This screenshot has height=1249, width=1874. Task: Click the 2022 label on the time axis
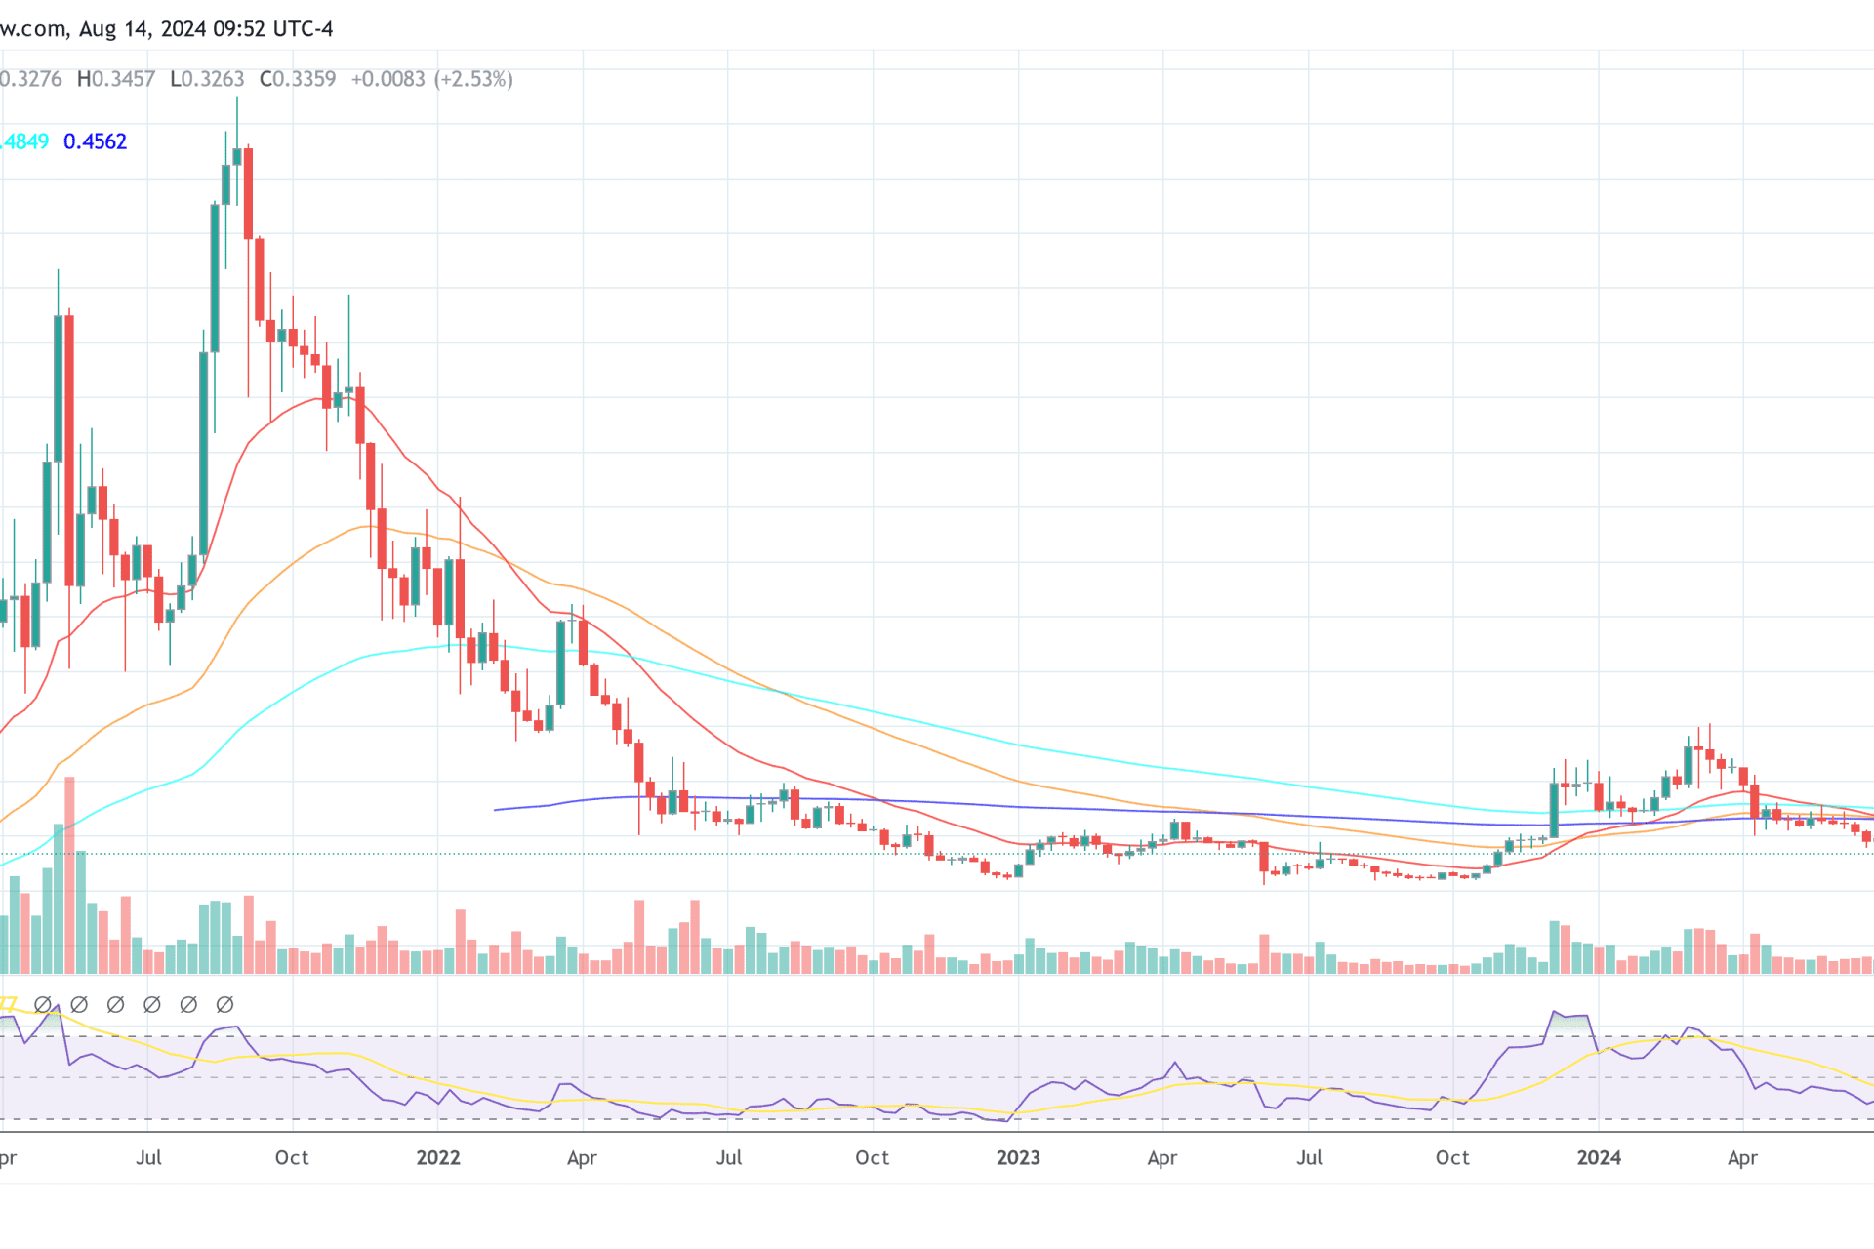tap(437, 1158)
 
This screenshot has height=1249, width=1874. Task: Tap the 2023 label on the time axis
tap(1018, 1158)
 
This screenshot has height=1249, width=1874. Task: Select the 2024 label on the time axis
tap(1599, 1158)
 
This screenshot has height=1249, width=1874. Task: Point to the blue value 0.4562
tap(95, 141)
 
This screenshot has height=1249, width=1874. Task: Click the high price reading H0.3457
tap(116, 79)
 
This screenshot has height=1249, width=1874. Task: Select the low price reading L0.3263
tap(207, 79)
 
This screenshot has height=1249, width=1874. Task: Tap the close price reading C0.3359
tap(298, 79)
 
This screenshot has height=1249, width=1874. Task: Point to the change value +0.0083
tap(387, 79)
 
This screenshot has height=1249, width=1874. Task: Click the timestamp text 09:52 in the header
tap(239, 29)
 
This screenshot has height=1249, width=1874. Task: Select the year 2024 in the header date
tap(183, 29)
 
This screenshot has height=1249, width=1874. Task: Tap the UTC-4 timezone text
tap(304, 29)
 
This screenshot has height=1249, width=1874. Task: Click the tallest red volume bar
tap(69, 875)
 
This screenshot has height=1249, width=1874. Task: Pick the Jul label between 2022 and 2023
tap(728, 1158)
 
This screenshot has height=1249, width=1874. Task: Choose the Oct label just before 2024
tap(1452, 1158)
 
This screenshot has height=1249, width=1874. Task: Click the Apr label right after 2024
tap(1742, 1158)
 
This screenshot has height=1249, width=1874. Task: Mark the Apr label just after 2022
tap(582, 1158)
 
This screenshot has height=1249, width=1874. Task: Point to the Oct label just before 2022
tap(292, 1158)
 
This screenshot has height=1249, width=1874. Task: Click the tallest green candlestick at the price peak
tap(215, 278)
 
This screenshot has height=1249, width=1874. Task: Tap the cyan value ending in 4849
tap(24, 141)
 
